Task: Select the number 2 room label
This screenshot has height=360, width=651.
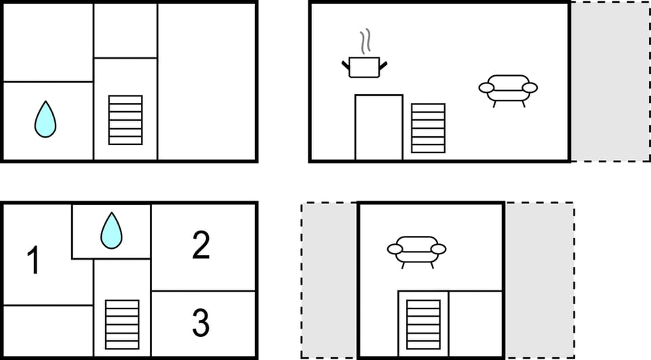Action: pos(201,245)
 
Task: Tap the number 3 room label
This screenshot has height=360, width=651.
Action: pos(201,323)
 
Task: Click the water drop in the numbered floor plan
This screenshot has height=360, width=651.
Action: pos(111,231)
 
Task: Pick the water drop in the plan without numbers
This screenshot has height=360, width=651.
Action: pos(45,119)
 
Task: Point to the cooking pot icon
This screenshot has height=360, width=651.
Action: pos(364,67)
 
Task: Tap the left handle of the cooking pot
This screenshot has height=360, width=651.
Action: pos(345,64)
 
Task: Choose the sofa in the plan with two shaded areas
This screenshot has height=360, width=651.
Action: pos(416,250)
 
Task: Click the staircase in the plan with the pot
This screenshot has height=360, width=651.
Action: pos(428,128)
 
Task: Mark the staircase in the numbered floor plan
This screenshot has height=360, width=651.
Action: pos(122,324)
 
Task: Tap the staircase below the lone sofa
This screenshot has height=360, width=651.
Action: pos(423,323)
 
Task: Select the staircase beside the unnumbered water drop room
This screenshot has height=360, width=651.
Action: pos(125,120)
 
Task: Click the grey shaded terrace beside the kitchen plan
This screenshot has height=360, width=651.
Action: pos(609,81)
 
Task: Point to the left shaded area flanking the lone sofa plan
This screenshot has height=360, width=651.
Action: pos(330,279)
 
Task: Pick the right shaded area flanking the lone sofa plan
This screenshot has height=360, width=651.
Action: pos(539,279)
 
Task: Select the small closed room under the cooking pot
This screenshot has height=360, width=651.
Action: pos(378,127)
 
